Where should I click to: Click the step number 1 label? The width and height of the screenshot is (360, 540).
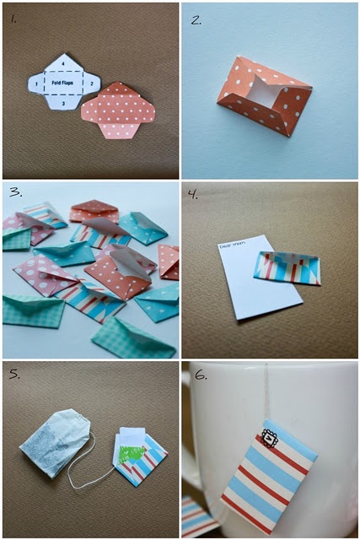(x=13, y=15)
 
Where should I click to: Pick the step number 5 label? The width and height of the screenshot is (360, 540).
(x=14, y=372)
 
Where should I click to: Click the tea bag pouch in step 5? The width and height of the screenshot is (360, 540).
(x=56, y=441)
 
